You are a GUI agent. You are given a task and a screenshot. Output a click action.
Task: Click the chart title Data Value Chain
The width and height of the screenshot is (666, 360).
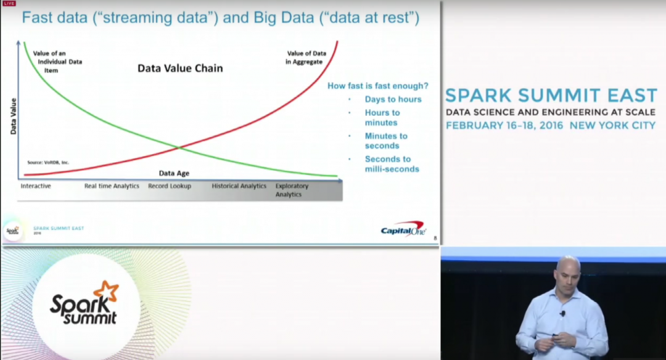pos(180,68)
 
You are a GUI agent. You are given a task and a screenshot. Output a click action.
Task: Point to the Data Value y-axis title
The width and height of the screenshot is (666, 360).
pos(13,116)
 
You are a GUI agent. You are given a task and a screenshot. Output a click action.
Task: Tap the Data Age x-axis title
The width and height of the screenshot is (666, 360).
pos(174,173)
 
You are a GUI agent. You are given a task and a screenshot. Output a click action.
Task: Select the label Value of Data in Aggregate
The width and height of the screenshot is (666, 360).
pos(306,58)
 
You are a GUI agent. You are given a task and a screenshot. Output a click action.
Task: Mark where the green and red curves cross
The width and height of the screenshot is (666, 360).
pos(179,147)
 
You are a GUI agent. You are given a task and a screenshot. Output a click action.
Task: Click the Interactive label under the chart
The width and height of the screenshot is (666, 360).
pos(36,186)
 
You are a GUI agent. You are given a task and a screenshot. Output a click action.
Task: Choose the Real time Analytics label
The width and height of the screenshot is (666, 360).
pos(112,186)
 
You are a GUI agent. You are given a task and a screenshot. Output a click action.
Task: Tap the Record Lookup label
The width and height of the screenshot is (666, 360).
pos(170,186)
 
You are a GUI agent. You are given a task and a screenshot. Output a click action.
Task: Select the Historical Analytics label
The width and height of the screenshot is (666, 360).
pos(239,186)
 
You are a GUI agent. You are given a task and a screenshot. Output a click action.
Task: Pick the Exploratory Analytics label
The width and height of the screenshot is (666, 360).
pos(292,190)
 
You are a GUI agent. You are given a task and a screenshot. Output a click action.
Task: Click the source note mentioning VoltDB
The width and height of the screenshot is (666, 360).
pos(48,163)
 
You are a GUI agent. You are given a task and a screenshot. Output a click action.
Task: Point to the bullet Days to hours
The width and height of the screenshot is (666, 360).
pos(393,99)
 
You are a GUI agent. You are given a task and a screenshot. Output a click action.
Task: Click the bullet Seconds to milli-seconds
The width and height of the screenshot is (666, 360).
pos(392,164)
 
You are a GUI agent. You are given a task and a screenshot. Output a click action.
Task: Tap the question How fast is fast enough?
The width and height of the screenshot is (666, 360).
pos(377,86)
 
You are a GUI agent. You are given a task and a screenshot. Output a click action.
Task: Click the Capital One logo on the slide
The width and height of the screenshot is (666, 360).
pos(403,229)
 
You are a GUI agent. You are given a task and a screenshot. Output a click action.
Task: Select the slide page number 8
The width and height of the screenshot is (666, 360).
pos(435,238)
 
